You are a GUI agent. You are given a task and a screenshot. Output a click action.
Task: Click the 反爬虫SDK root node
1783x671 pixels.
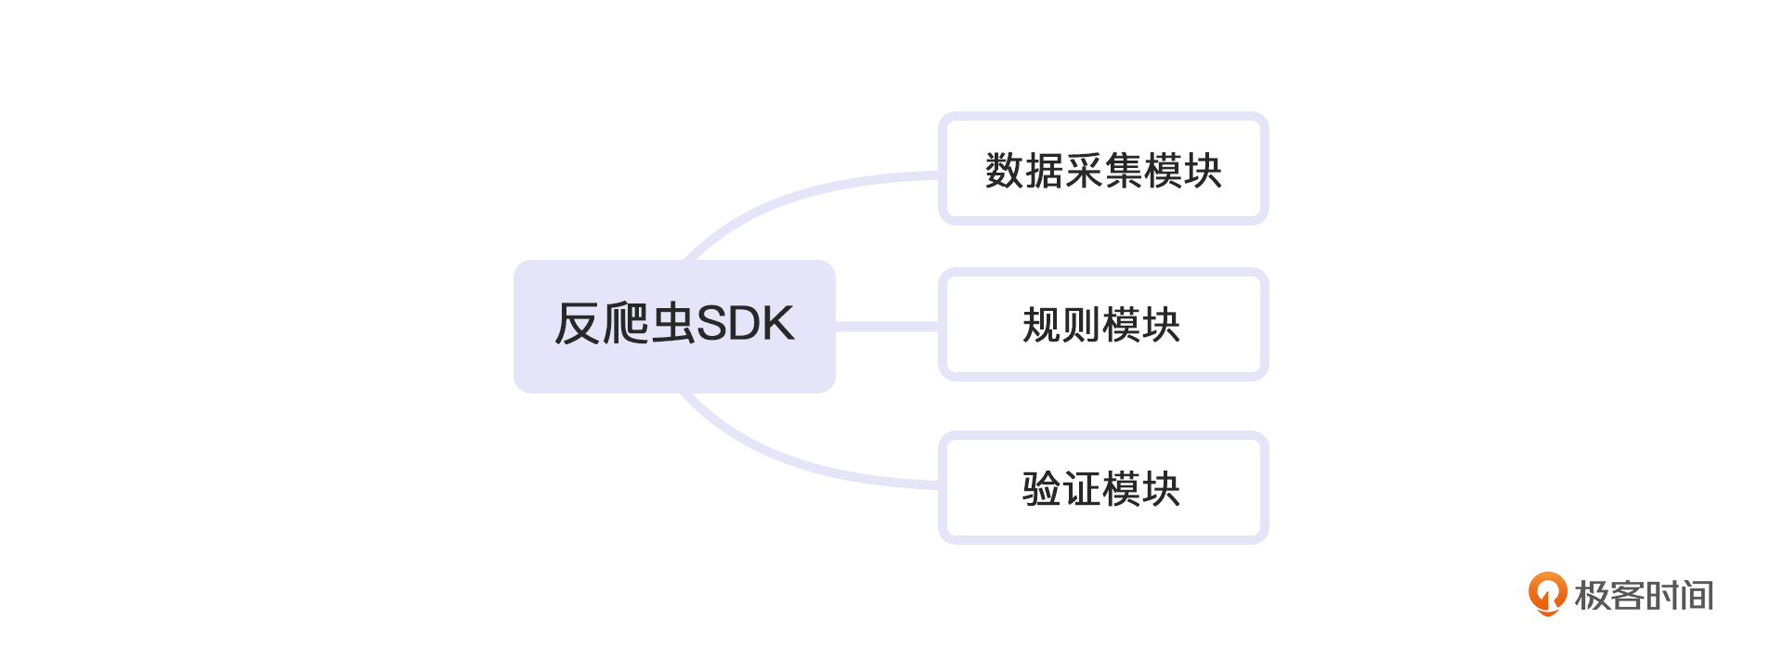click(x=674, y=326)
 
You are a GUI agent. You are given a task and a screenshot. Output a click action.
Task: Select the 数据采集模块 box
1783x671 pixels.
click(x=1103, y=169)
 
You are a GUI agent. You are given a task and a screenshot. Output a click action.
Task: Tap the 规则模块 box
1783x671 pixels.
click(x=1103, y=325)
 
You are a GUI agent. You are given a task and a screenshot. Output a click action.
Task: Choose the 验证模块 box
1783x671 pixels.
click(x=1103, y=488)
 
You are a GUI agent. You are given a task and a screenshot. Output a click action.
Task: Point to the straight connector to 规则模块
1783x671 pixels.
click(x=887, y=326)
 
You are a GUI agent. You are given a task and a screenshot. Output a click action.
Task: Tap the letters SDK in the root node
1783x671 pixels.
click(x=746, y=324)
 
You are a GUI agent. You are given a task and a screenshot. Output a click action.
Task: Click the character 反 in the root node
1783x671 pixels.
click(x=577, y=324)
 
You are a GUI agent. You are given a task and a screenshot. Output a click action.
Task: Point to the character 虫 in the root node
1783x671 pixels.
click(x=673, y=324)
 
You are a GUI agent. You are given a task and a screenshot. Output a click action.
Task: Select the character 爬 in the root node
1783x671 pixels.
click(x=625, y=324)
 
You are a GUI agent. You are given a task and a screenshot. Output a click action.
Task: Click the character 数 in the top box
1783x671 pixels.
click(x=1004, y=171)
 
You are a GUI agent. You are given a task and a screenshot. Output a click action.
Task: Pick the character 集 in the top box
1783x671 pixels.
click(x=1124, y=171)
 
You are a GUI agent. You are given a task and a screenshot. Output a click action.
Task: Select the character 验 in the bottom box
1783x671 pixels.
click(x=1042, y=489)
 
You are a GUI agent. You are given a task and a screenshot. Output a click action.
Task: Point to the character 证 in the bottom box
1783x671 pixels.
click(x=1082, y=489)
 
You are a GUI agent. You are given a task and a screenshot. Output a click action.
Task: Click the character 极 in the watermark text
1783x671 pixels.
click(x=1593, y=596)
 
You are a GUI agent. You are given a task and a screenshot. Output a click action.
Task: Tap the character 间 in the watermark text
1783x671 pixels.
click(x=1697, y=596)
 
